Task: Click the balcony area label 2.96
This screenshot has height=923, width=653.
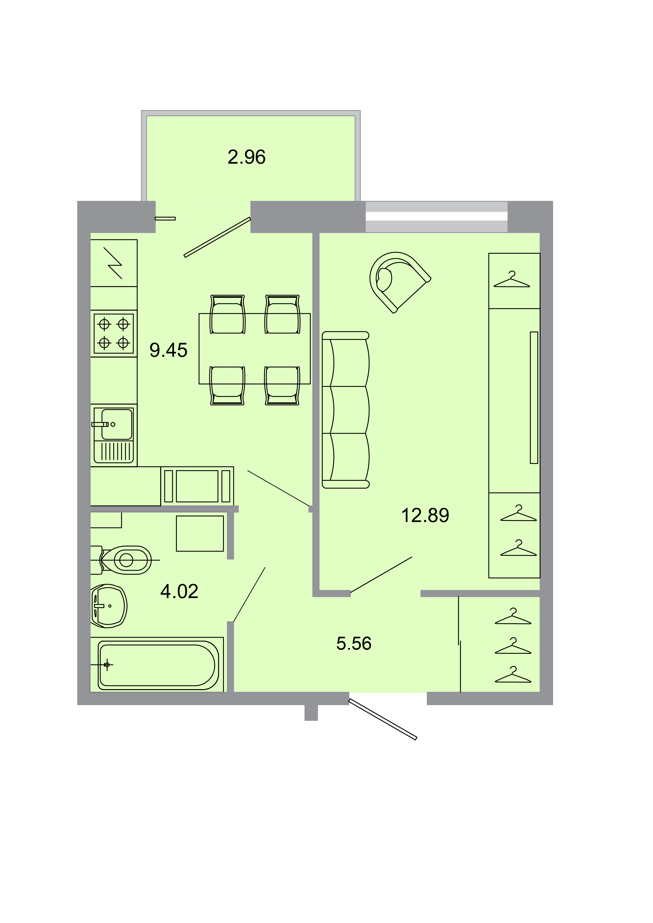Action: [246, 157]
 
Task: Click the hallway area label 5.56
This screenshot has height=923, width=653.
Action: [354, 643]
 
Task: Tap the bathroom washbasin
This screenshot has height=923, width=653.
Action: [108, 606]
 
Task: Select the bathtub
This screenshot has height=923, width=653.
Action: [158, 665]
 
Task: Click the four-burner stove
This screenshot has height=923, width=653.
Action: [114, 333]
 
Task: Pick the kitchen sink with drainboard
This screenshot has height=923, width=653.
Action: [114, 435]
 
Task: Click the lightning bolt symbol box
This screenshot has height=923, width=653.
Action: [114, 263]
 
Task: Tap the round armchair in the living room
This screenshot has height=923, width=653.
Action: [396, 280]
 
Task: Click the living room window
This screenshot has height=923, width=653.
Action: [436, 217]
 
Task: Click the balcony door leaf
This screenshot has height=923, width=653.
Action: [217, 237]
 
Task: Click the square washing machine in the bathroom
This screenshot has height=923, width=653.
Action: [200, 533]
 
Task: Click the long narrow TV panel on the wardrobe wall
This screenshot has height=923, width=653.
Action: [534, 398]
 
